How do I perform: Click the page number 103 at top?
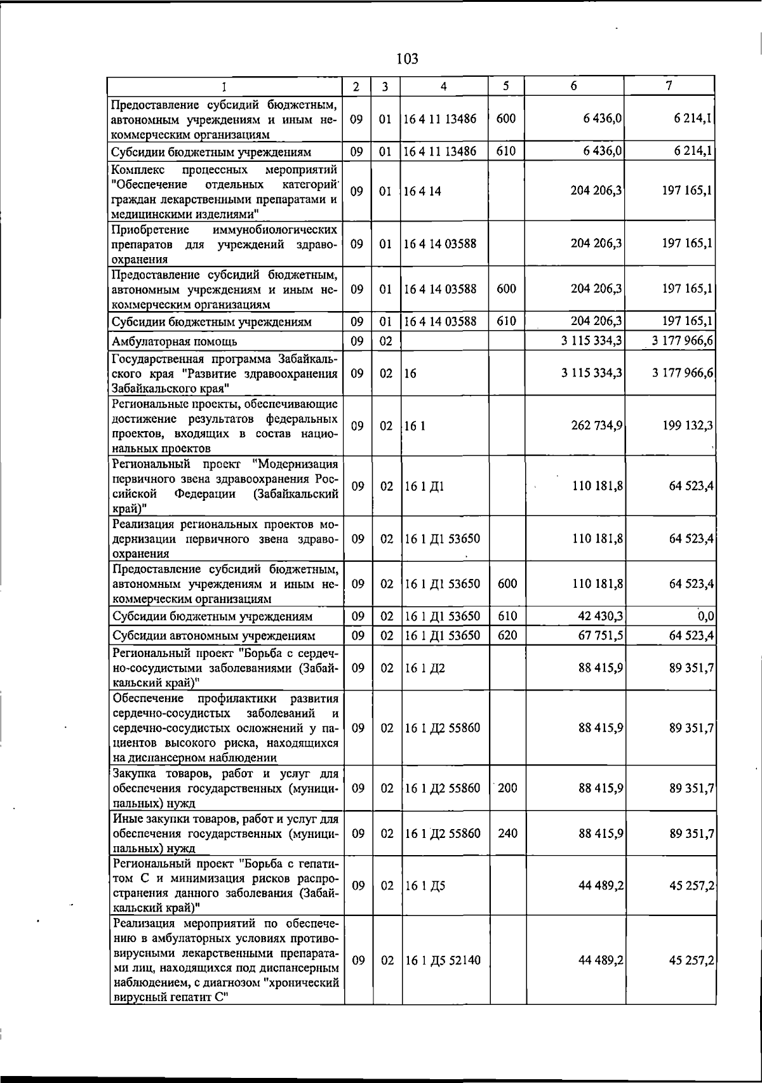pos(407,59)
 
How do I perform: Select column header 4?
pos(444,86)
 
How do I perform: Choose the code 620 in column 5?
pos(507,635)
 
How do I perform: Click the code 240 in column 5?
pos(507,834)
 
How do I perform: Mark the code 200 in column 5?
pos(507,788)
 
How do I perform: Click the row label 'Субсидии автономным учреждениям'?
pos(213,636)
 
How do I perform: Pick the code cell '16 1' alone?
pos(415,425)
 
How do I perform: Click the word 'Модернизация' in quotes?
pos(297,464)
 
